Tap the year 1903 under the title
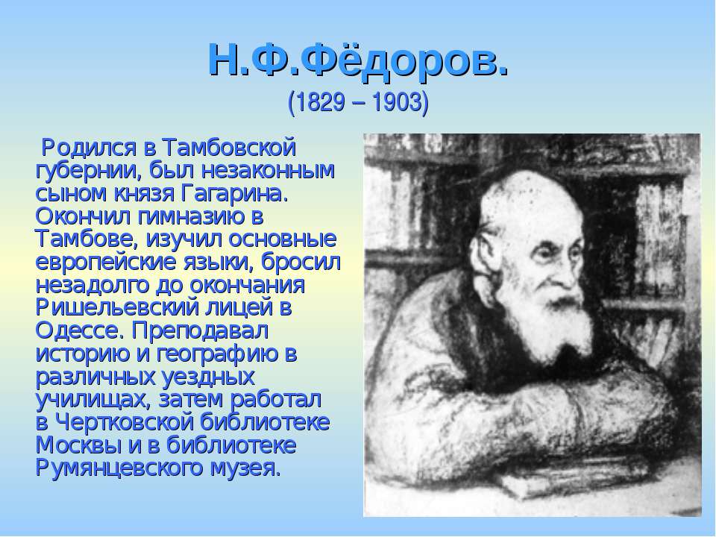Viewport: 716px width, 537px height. pyautogui.click(x=396, y=102)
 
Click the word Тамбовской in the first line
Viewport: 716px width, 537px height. pyautogui.click(x=229, y=148)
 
